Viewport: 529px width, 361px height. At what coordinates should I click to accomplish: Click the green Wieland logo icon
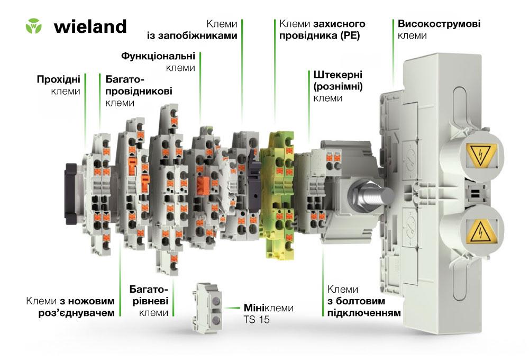pos(34,26)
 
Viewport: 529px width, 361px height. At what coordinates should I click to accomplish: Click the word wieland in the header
pos(90,26)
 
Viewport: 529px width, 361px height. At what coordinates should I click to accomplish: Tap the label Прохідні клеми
pos(58,85)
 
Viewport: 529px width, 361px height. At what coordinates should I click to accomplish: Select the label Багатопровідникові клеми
pos(139,91)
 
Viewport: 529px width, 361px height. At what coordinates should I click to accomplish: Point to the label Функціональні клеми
pos(158,62)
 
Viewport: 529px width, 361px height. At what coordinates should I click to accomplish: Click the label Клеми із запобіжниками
pos(192,30)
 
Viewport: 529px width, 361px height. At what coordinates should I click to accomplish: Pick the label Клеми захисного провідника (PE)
pos(322,30)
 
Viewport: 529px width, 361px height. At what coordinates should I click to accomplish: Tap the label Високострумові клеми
pos(439,30)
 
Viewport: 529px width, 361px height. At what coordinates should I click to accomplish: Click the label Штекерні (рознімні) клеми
pos(338,86)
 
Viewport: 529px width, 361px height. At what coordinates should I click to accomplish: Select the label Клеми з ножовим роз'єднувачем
pos(70,306)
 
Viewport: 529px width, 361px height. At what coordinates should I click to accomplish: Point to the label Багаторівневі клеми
pos(149,301)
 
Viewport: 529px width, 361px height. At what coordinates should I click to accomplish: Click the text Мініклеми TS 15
pos(269,313)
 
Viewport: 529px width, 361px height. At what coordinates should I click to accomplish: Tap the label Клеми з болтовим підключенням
pos(364,301)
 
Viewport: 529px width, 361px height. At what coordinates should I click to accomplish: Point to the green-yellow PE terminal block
pos(278,195)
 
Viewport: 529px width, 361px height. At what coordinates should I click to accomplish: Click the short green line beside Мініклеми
pos(232,308)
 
